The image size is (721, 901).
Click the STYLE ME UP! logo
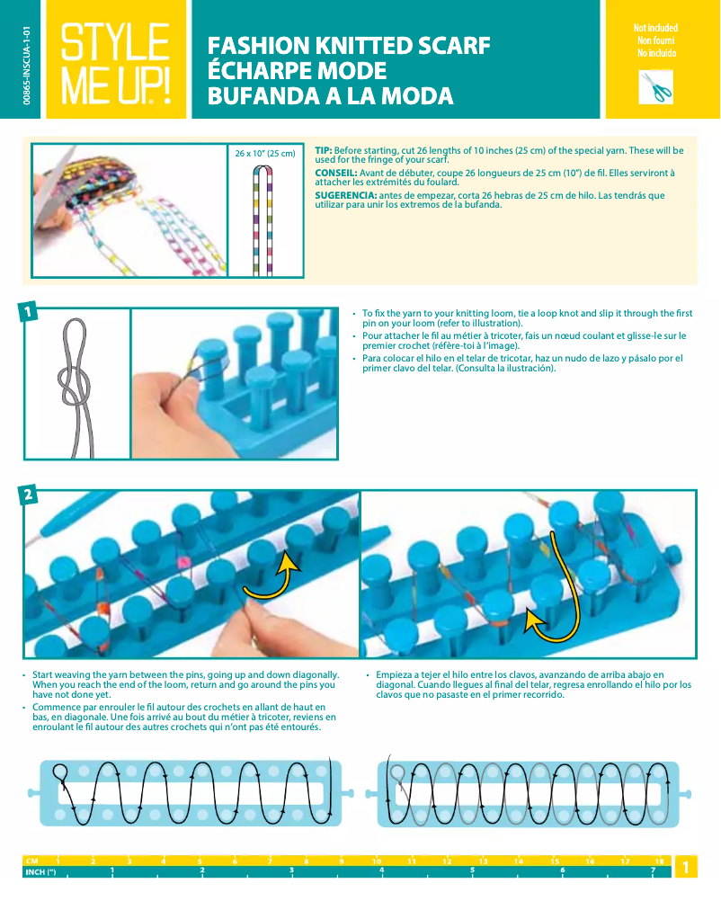tap(115, 61)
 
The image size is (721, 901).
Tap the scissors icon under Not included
tap(656, 87)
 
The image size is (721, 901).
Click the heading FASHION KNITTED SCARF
tap(349, 46)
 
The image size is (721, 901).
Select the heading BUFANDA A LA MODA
tap(330, 96)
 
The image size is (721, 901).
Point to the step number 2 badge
tap(30, 495)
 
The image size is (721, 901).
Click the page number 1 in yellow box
tap(685, 867)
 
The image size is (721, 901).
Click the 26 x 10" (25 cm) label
tap(264, 154)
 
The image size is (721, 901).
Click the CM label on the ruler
tap(32, 861)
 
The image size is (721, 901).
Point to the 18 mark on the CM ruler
tap(659, 861)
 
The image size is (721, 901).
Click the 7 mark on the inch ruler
tap(653, 871)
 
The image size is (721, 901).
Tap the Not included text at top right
tap(655, 29)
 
